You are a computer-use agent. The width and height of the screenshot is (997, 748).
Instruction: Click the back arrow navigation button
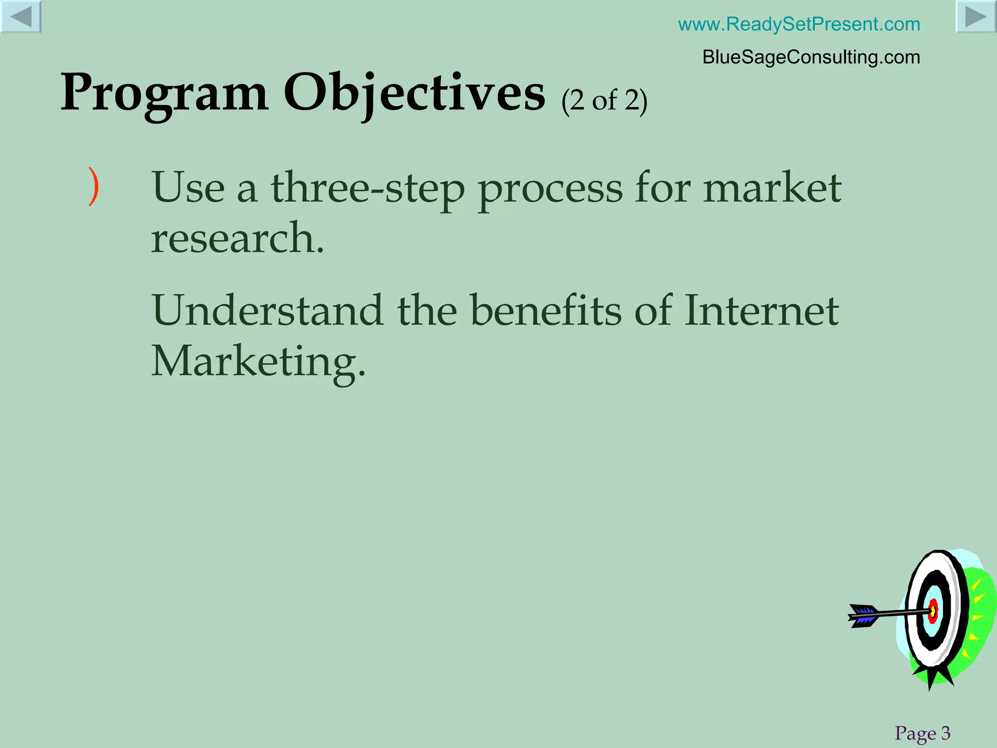coord(20,17)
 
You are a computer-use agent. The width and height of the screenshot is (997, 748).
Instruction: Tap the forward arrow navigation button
coord(976,17)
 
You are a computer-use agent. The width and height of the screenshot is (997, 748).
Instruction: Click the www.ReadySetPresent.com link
coord(799,24)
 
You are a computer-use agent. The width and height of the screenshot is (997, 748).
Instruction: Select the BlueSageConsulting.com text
coord(811,57)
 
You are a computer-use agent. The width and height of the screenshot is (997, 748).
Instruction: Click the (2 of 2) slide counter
coord(604,101)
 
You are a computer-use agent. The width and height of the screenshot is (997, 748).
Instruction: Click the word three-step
coord(368,189)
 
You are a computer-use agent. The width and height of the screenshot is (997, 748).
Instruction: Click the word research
coord(237,239)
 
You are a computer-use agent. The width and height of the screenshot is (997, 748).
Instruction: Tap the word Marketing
coord(258,362)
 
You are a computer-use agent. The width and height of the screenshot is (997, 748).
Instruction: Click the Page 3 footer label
coord(922,733)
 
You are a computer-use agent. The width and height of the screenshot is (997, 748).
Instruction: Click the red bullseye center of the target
coord(933,611)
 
